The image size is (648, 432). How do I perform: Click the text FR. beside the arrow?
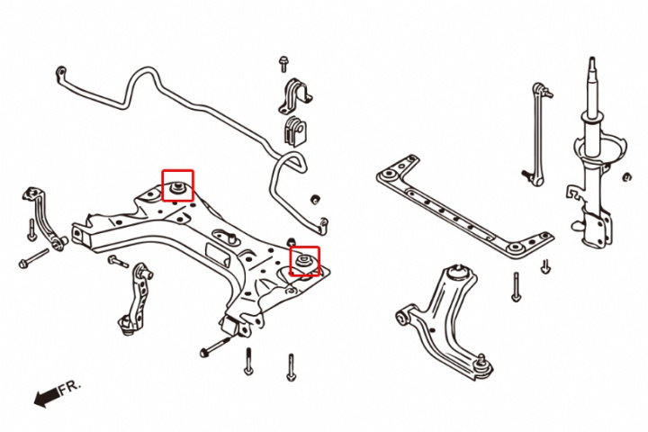point(70,386)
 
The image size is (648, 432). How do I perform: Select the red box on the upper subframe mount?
point(177,185)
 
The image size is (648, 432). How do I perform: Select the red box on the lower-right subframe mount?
point(304,261)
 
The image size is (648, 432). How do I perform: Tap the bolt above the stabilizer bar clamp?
point(283,64)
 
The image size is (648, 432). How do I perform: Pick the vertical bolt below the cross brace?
point(516,286)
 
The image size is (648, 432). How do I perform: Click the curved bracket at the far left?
point(43,216)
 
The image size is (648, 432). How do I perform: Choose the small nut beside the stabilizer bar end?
point(316,197)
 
